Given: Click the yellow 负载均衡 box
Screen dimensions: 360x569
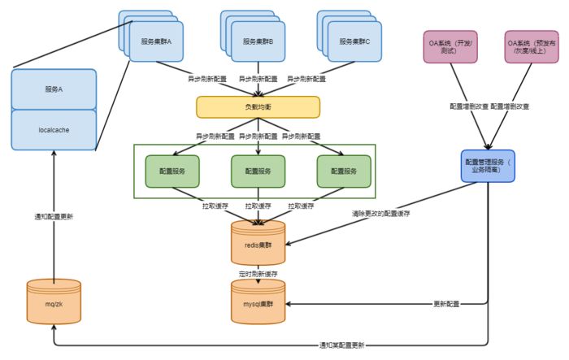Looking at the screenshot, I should click(x=258, y=106).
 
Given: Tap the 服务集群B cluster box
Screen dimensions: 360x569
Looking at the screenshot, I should click(x=258, y=41).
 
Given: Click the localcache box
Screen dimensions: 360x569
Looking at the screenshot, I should click(x=54, y=130).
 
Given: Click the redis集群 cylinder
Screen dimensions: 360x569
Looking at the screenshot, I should click(x=258, y=241).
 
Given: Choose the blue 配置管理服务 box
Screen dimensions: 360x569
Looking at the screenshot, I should click(x=488, y=167).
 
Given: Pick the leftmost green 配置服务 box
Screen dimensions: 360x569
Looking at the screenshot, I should click(x=172, y=171).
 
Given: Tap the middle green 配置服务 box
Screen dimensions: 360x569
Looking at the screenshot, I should click(x=258, y=171).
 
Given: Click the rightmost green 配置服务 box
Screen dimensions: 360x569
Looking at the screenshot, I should click(x=344, y=171).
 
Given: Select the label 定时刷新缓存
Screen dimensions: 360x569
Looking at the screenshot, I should click(x=258, y=273).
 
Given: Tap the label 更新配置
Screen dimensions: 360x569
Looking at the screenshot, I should click(x=446, y=303).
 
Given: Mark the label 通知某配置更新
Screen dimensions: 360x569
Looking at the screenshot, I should click(x=342, y=345).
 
